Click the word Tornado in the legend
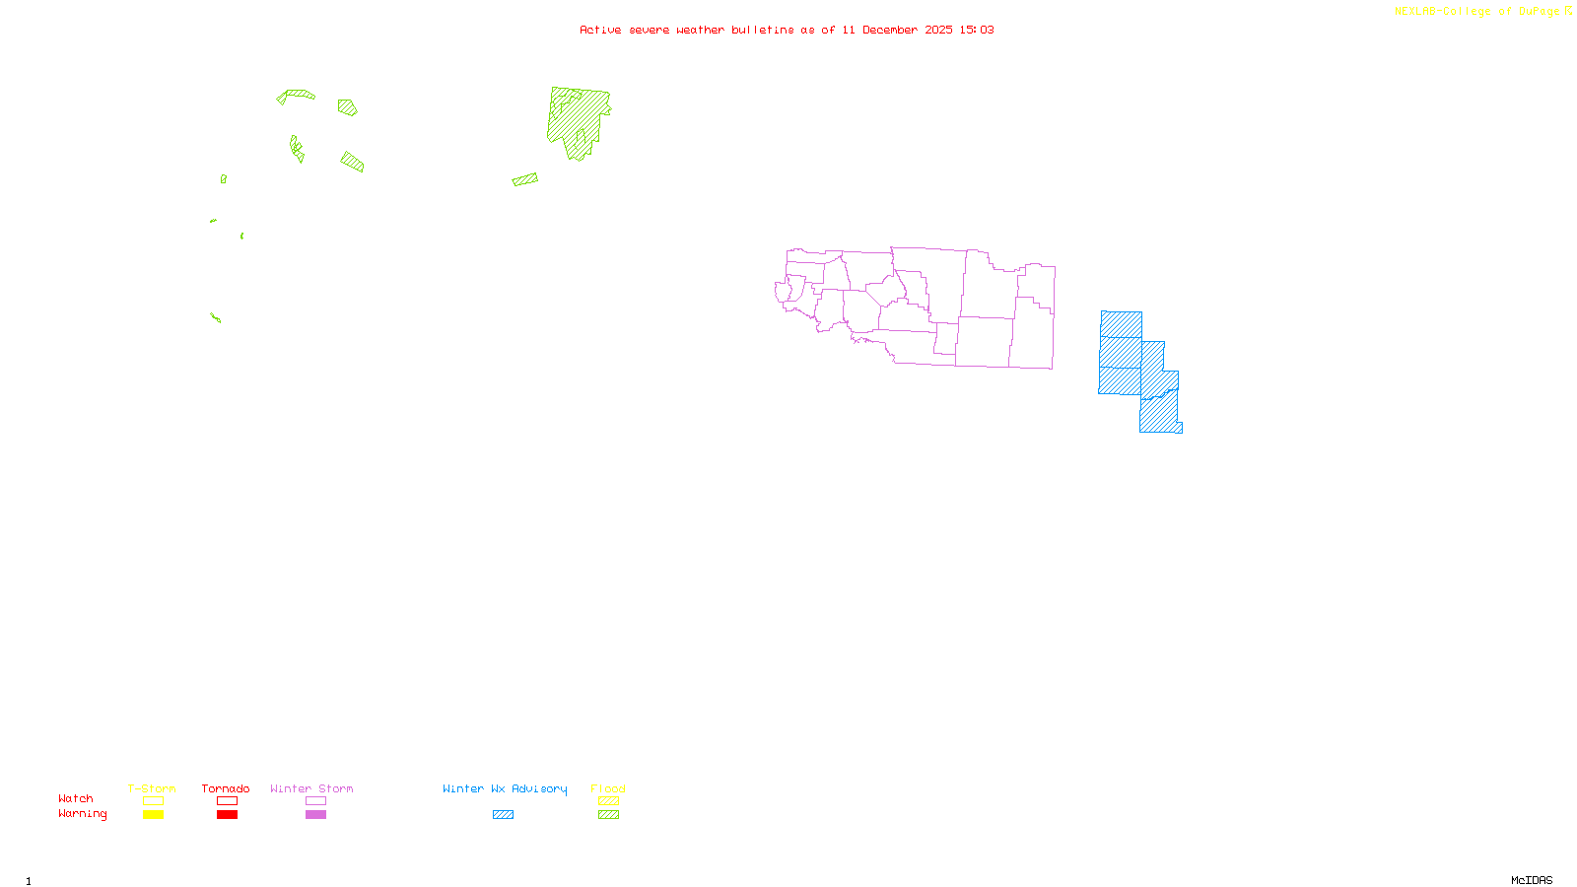(226, 788)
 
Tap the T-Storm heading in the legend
(152, 788)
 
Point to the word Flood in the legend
(608, 788)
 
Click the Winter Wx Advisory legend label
(505, 788)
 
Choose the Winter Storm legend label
(311, 788)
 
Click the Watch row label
(76, 799)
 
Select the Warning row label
(82, 814)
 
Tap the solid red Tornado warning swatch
(227, 815)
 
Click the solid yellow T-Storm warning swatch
(153, 815)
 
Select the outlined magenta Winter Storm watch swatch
(315, 801)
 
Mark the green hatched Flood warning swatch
(609, 815)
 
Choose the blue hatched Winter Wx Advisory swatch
(503, 815)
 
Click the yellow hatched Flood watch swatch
(609, 801)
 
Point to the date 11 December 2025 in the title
(897, 30)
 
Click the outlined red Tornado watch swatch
(227, 801)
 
